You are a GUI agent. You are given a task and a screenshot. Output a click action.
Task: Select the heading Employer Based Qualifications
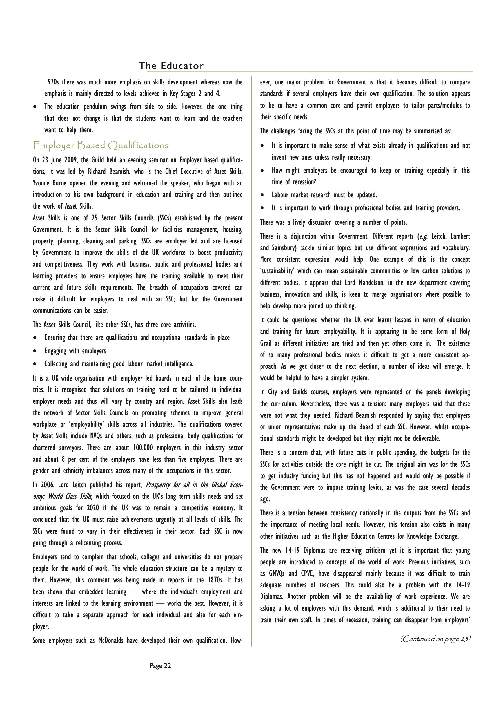[x=101, y=145]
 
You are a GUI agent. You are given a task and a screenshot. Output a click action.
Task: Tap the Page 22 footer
[x=160, y=666]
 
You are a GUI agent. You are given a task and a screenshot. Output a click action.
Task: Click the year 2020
[x=94, y=508]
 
